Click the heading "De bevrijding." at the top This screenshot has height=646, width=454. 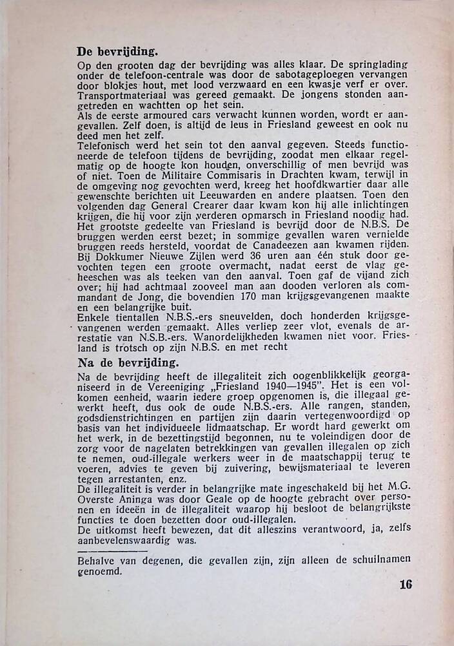[118, 51]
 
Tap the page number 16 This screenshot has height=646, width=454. [405, 585]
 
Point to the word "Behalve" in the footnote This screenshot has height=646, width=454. [95, 559]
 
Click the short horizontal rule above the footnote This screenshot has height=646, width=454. [103, 550]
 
